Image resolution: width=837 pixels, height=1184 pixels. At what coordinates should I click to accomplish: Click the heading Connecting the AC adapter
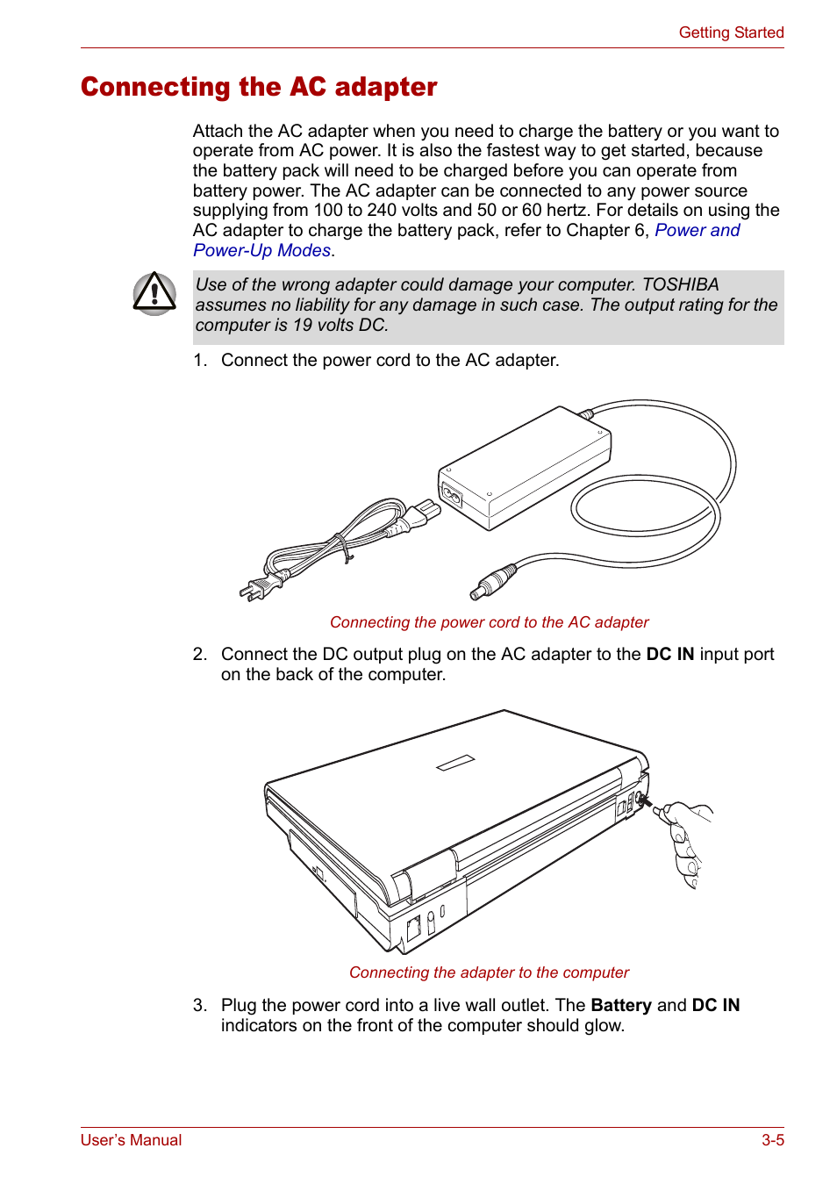coord(259,87)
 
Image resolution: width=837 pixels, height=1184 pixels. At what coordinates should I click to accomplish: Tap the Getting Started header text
coord(731,32)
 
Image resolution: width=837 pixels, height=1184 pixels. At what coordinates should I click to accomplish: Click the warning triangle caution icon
coord(154,293)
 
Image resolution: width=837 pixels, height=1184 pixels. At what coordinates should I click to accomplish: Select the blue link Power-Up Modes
coord(261,251)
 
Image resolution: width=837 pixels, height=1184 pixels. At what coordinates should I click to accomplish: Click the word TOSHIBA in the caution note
coord(680,284)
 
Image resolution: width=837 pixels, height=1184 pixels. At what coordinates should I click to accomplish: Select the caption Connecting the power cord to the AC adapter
coord(489,622)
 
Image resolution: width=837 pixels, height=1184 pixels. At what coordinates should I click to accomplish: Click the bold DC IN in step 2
coord(669,654)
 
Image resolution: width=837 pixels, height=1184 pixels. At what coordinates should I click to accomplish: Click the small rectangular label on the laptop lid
coord(455,763)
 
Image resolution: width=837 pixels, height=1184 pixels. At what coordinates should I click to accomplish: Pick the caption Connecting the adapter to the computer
coord(489,972)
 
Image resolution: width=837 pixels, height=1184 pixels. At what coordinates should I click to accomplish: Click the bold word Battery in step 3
coord(620,1005)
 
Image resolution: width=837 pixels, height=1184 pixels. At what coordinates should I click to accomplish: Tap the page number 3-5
coord(772,1140)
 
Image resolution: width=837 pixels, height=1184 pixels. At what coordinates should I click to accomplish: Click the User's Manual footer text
coord(131,1140)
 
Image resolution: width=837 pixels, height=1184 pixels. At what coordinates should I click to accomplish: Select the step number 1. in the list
coord(200,360)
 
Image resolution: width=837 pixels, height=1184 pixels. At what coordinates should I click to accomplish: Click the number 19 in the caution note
coord(303,325)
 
